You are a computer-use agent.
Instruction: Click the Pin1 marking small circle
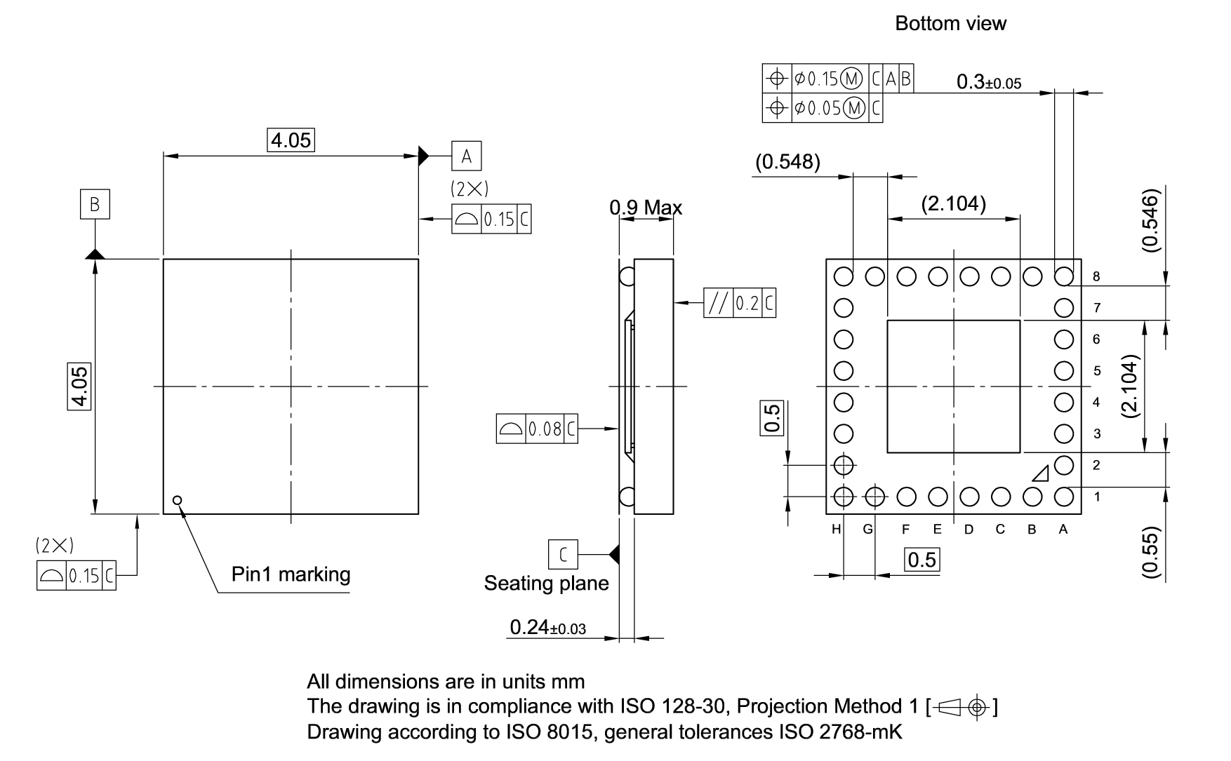[178, 500]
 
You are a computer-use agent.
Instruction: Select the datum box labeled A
[466, 156]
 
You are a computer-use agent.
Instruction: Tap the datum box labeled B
[95, 204]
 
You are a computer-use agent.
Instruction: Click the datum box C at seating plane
[563, 554]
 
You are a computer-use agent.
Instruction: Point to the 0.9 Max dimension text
[646, 208]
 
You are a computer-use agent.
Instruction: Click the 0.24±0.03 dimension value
[547, 627]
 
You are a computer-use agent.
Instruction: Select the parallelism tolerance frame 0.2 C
[740, 303]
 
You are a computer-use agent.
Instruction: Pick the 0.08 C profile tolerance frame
[537, 429]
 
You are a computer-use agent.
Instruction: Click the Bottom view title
[950, 24]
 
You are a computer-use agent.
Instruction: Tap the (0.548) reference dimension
[787, 162]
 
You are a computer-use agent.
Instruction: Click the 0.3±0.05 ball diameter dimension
[988, 82]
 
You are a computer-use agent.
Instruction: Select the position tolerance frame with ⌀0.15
[837, 79]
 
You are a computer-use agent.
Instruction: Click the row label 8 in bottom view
[1096, 277]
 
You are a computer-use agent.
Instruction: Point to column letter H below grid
[836, 530]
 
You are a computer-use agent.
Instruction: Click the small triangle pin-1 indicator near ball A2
[1041, 474]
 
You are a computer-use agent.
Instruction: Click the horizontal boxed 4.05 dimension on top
[291, 140]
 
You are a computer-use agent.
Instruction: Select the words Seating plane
[546, 584]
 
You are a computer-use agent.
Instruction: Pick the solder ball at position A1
[1064, 497]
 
